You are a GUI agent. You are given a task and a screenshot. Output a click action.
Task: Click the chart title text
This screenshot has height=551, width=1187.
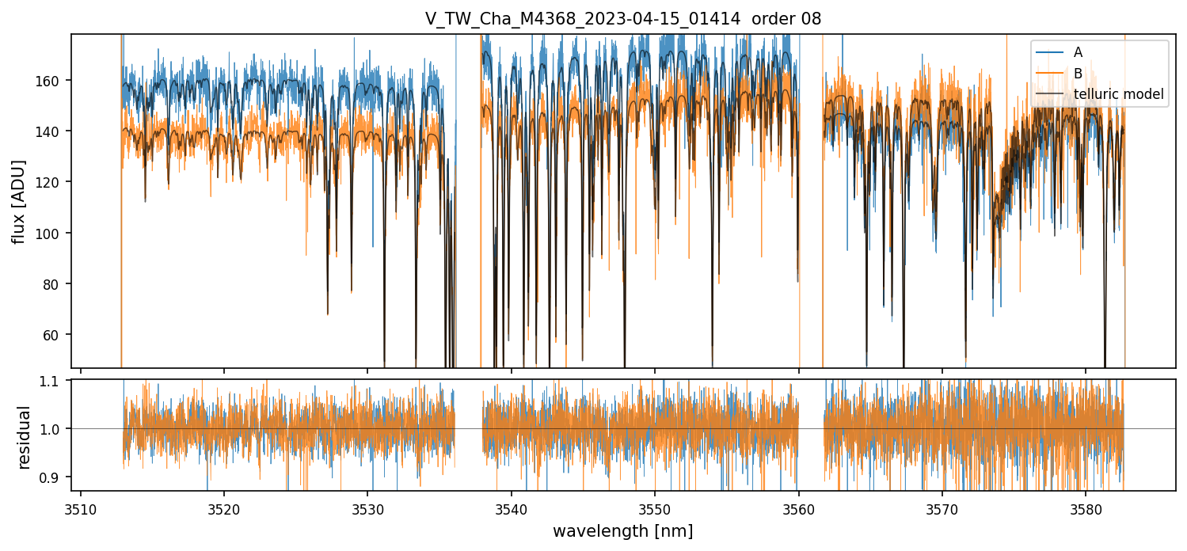pyautogui.click(x=623, y=19)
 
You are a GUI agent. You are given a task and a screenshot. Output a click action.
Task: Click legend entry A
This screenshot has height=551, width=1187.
pyautogui.click(x=1078, y=52)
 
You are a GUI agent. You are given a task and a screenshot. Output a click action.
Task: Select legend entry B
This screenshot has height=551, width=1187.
pyautogui.click(x=1078, y=73)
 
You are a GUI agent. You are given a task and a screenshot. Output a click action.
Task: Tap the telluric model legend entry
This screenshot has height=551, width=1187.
pyautogui.click(x=1118, y=94)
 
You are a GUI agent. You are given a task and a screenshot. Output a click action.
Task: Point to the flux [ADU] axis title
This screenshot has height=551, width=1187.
pyautogui.click(x=18, y=201)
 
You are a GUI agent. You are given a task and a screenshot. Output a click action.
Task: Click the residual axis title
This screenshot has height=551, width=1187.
pyautogui.click(x=24, y=437)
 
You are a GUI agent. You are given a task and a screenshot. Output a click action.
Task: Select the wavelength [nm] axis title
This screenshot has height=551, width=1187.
pyautogui.click(x=623, y=531)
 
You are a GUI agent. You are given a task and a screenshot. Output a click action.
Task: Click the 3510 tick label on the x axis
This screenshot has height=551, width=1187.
pyautogui.click(x=81, y=507)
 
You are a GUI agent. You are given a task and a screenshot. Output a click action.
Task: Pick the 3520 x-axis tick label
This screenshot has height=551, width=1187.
pyautogui.click(x=224, y=507)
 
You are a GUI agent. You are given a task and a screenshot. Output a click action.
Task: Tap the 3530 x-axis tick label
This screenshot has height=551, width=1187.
pyautogui.click(x=367, y=507)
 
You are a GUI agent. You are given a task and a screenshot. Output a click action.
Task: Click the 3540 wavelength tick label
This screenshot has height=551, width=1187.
pyautogui.click(x=512, y=507)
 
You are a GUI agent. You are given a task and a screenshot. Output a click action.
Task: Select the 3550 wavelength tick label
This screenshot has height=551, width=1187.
pyautogui.click(x=655, y=507)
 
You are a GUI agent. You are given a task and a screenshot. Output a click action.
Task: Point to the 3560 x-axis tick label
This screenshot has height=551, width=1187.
pyautogui.click(x=798, y=507)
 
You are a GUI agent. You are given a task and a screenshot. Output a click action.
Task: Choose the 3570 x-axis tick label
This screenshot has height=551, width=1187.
pyautogui.click(x=942, y=507)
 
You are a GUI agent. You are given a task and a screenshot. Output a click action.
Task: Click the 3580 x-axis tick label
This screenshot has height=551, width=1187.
pyautogui.click(x=1086, y=507)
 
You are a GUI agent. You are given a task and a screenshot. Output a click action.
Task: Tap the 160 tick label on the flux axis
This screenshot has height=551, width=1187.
pyautogui.click(x=56, y=81)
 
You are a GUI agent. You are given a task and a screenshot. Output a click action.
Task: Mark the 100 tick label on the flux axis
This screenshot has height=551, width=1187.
pyautogui.click(x=56, y=234)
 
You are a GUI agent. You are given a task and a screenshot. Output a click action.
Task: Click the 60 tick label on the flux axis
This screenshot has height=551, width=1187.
pyautogui.click(x=59, y=335)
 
